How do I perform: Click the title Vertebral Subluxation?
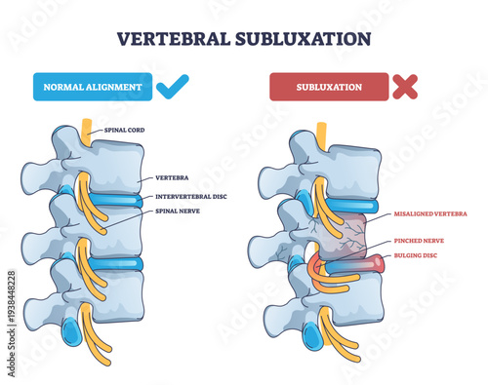click(x=243, y=40)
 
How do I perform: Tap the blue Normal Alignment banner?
click(x=92, y=87)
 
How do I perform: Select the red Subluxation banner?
click(x=326, y=87)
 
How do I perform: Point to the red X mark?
click(x=403, y=86)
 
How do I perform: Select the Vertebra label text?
click(x=170, y=178)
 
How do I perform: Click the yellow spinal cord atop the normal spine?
click(x=87, y=130)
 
